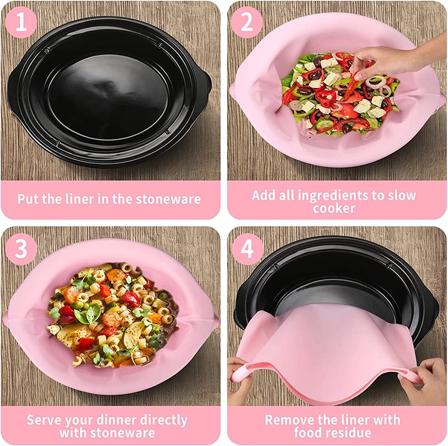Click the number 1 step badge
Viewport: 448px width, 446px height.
[x=22, y=22]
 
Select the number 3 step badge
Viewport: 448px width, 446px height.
[x=22, y=249]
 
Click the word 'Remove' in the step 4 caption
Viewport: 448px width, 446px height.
[x=291, y=421]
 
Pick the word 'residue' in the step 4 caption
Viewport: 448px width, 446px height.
[x=351, y=433]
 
